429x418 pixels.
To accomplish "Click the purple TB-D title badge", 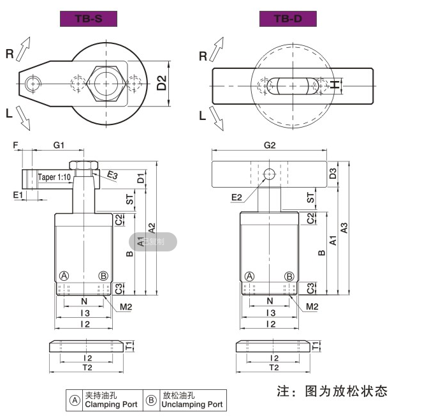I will tap(288, 19).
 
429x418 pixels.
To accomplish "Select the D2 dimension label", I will tap(162, 82).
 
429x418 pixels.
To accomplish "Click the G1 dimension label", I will tap(59, 146).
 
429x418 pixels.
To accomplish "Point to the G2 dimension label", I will tap(270, 146).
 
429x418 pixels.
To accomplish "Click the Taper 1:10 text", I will tap(54, 177).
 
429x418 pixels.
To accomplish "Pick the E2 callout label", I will tap(237, 197).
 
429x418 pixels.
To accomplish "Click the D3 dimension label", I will tap(332, 173).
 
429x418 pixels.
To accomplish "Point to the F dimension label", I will tap(15, 146).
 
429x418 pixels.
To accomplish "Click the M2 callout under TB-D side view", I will tap(312, 307).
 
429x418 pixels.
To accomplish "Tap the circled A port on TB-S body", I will tap(64, 276).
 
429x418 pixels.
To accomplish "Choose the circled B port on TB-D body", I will tap(289, 276).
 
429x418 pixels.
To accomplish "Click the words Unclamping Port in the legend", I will tap(192, 405).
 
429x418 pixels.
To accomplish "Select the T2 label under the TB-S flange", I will tap(87, 368).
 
